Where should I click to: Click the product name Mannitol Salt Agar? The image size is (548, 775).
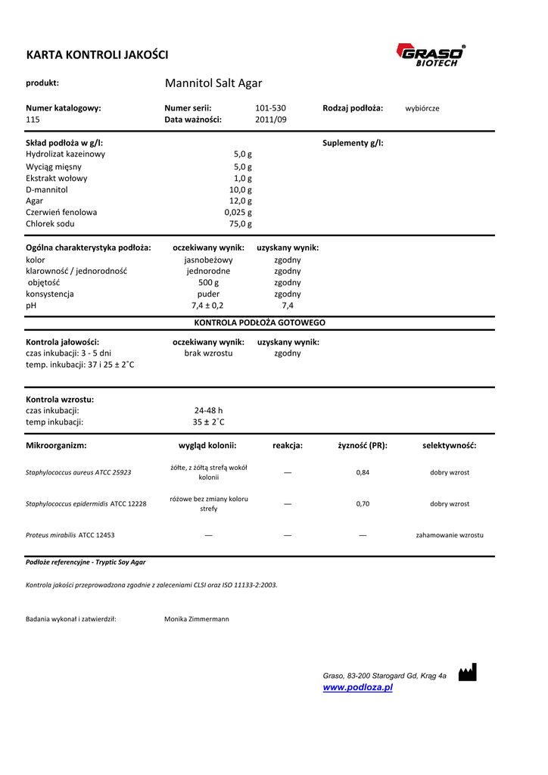(x=213, y=83)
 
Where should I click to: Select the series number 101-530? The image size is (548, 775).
(x=270, y=108)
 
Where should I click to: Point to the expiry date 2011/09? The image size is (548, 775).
(x=270, y=120)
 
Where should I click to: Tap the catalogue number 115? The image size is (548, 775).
(x=33, y=120)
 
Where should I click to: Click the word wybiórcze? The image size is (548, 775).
(x=422, y=108)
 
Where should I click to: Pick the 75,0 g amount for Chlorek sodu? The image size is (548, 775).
(x=241, y=224)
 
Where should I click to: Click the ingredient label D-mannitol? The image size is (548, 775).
(x=47, y=190)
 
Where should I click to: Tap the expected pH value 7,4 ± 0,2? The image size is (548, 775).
(x=207, y=306)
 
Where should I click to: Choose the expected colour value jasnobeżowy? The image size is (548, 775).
(x=208, y=260)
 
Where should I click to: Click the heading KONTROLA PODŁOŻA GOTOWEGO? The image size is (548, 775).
(x=260, y=322)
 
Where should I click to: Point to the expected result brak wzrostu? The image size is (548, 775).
(x=208, y=353)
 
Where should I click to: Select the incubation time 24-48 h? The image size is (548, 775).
(x=208, y=411)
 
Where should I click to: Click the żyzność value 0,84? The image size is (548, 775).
(x=363, y=472)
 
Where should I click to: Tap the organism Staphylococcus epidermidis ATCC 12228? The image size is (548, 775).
(x=86, y=503)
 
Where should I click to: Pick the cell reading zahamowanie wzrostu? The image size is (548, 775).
(x=450, y=535)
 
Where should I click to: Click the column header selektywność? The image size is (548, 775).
(x=449, y=446)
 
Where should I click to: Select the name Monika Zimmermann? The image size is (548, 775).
(x=196, y=619)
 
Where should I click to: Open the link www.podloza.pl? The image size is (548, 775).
(x=357, y=687)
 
